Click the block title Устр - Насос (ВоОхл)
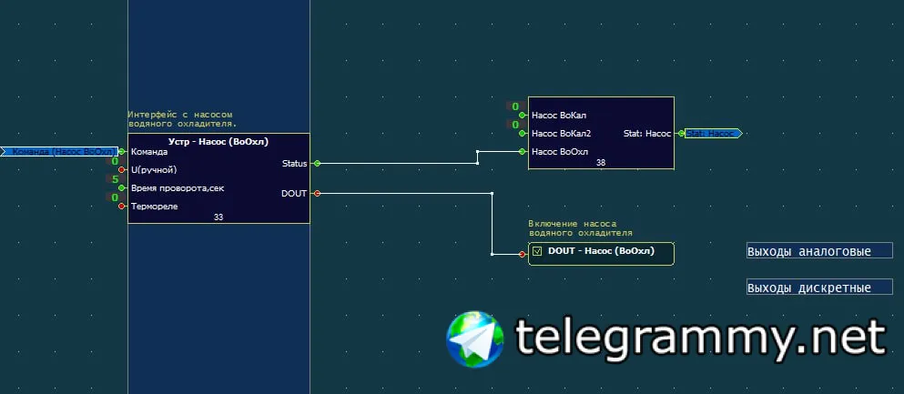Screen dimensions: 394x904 218,142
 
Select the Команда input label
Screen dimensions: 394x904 149,152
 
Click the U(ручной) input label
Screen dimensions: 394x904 154,169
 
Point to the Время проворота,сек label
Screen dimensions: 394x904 178,187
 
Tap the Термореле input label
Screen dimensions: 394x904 155,206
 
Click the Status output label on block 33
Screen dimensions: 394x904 295,164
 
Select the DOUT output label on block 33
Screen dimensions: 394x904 294,193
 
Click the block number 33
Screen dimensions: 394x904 218,217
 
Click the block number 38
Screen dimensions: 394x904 601,163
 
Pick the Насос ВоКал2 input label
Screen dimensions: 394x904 562,134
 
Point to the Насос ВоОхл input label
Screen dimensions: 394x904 560,151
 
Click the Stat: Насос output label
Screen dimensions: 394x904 646,134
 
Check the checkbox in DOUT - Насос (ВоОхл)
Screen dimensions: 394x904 537,251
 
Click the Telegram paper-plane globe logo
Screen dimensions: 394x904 475,338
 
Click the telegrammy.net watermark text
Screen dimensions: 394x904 701,338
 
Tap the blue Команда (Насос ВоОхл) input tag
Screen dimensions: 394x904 60,152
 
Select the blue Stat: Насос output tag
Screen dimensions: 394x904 713,134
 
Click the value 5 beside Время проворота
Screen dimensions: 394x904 115,179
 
